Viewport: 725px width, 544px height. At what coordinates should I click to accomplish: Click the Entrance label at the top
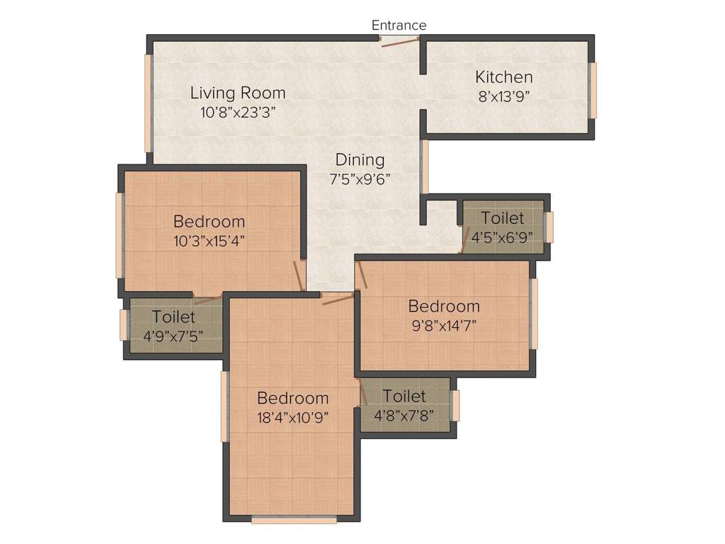tap(399, 25)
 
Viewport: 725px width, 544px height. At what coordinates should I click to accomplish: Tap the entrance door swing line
tap(399, 42)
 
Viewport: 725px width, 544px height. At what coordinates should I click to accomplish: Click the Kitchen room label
tap(503, 77)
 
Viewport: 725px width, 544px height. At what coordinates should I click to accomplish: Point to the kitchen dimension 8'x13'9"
tap(505, 97)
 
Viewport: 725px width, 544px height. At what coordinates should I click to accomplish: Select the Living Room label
tap(238, 93)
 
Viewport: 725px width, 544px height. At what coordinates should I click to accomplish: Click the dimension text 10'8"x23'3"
tap(238, 111)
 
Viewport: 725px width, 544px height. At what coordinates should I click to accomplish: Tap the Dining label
tap(360, 160)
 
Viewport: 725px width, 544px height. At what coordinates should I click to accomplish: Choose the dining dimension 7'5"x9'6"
tap(360, 178)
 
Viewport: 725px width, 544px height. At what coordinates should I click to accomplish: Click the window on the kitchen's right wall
tap(593, 90)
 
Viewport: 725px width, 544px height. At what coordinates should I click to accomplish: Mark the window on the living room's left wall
tap(149, 102)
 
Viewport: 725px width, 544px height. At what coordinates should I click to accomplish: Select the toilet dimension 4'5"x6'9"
tap(503, 237)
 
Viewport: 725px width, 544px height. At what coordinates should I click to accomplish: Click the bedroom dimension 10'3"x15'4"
tap(209, 240)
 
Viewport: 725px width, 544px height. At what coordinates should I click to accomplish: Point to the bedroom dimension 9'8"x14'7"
tap(444, 326)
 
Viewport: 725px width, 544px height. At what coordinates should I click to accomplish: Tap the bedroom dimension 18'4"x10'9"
tap(292, 416)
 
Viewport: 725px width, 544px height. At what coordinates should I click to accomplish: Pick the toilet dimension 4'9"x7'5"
tap(173, 336)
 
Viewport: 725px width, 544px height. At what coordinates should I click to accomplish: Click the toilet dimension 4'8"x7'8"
tap(404, 415)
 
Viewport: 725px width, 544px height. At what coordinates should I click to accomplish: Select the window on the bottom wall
tap(294, 519)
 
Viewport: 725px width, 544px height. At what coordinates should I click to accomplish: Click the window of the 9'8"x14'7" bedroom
tap(534, 313)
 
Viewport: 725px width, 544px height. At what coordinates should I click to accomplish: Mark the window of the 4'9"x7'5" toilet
tap(123, 324)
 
